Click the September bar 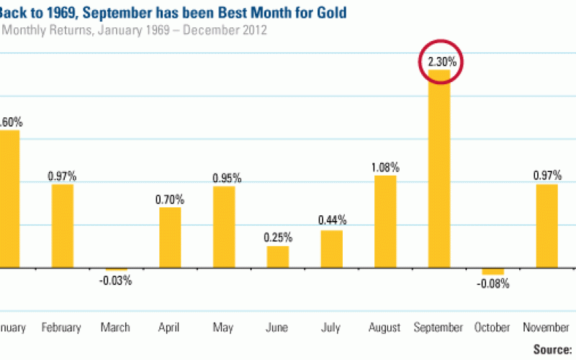point(439,168)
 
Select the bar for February point(62,225)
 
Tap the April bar point(170,237)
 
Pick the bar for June point(278,256)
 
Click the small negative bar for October point(492,271)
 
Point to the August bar point(385,221)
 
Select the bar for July point(331,248)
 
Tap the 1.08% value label point(385,168)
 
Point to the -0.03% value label point(116,281)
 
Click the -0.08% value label point(493,284)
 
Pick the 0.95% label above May point(225,178)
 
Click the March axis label point(116,328)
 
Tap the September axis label point(438,328)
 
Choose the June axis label point(278,328)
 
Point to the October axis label point(492,328)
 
